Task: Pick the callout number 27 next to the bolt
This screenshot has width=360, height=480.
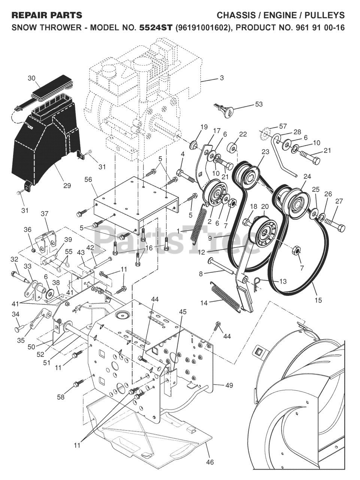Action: pos(339,201)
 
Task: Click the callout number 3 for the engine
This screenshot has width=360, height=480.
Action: pos(221,78)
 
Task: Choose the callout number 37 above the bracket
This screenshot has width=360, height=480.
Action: pos(45,214)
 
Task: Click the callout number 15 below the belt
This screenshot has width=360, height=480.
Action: pos(319,300)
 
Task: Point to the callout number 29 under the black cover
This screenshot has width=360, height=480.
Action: pos(67,186)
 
